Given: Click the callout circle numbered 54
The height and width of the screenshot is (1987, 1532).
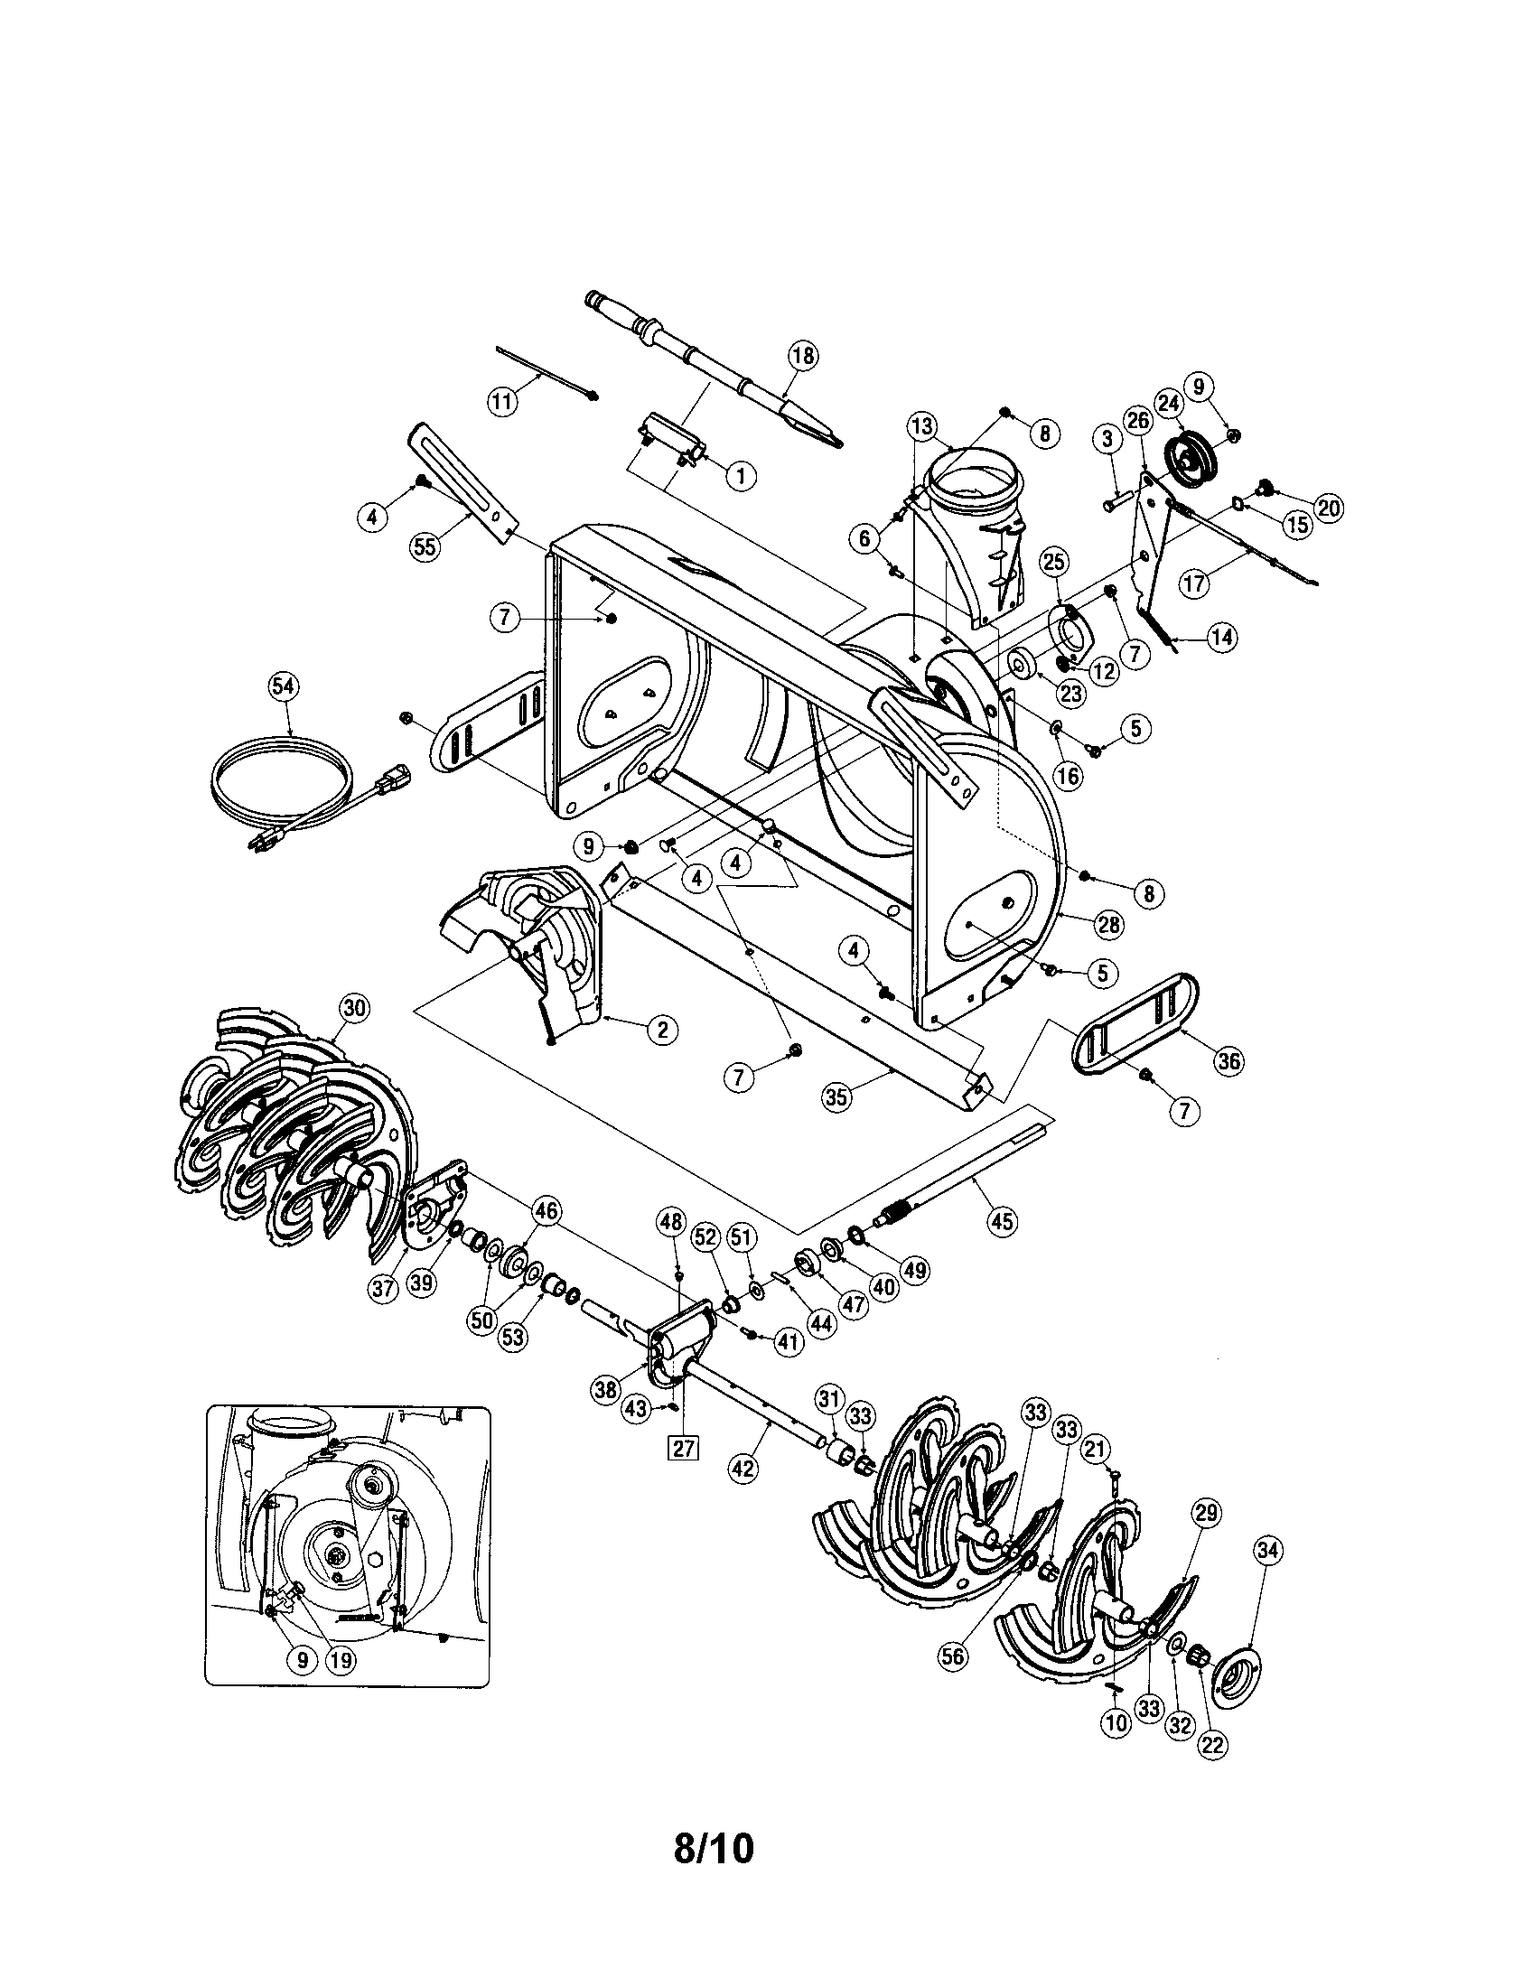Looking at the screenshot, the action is coord(284,688).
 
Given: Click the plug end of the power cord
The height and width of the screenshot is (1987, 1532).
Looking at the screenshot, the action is coord(263,843).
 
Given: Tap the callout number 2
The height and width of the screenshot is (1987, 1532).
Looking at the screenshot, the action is coord(662,1029).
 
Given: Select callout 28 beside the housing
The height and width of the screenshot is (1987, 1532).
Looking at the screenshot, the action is coord(1111,925).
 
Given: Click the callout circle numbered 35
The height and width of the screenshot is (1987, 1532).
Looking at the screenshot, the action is coord(836,1096).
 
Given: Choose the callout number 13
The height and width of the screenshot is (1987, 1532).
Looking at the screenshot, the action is coord(921,424).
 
